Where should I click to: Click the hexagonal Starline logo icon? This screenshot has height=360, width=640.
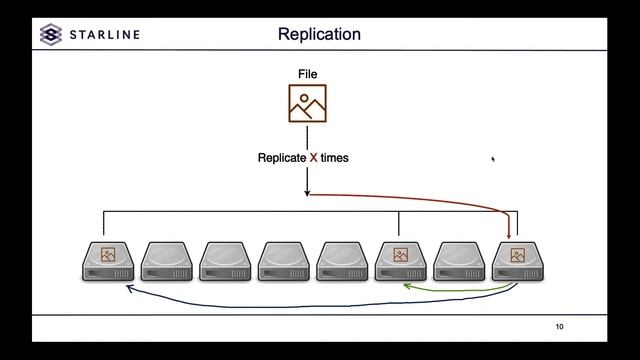click(50, 35)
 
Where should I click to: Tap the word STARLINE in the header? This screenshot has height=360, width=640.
click(105, 35)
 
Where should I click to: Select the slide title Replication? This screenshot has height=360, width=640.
click(319, 35)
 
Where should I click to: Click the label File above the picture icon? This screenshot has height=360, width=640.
click(308, 75)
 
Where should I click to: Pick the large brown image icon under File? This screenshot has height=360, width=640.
click(308, 104)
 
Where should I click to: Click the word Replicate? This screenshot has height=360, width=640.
click(282, 158)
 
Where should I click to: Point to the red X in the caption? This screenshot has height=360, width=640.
click(313, 158)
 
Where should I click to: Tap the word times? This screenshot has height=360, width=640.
click(335, 158)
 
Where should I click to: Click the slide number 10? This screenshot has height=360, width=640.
click(560, 327)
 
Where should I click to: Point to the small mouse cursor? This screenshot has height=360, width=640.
click(493, 158)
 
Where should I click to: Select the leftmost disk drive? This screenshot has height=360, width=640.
click(108, 261)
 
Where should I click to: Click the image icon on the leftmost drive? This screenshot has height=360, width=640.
click(108, 255)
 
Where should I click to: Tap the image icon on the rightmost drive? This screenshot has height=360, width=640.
click(517, 255)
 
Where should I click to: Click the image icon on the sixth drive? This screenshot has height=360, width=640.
click(400, 255)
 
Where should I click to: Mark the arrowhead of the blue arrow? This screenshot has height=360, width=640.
click(127, 287)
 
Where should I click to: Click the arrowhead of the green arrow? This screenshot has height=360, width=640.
click(406, 286)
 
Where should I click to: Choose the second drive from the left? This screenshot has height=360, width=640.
click(166, 261)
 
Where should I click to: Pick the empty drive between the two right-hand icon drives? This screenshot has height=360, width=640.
click(459, 261)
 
